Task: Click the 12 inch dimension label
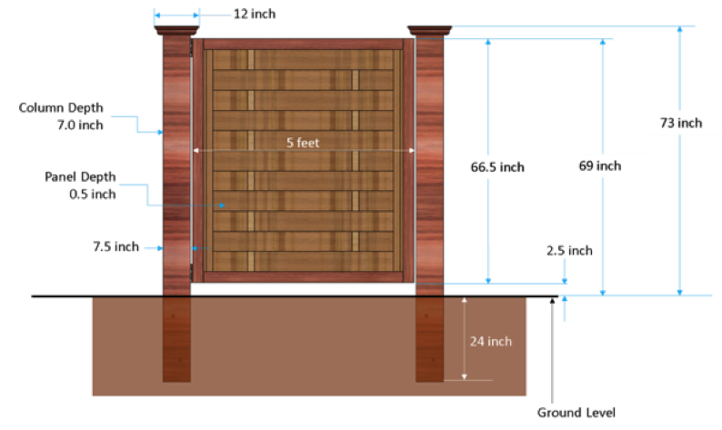[255, 14]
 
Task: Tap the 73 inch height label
[681, 123]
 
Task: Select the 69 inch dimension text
[600, 165]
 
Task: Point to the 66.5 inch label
[497, 167]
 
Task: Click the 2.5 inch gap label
[569, 250]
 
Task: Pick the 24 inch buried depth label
[491, 341]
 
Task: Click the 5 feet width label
[303, 143]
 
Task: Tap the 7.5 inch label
[116, 246]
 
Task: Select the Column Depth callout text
[61, 116]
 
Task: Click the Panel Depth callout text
[80, 185]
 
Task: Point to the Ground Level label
[576, 413]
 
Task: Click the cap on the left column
[176, 31]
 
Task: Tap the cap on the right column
[429, 31]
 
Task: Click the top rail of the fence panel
[303, 45]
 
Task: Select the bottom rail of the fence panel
[303, 276]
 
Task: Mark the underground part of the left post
[176, 339]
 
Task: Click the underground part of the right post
[429, 339]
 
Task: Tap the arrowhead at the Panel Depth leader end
[222, 205]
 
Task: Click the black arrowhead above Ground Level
[552, 301]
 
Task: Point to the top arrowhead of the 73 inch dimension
[679, 29]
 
